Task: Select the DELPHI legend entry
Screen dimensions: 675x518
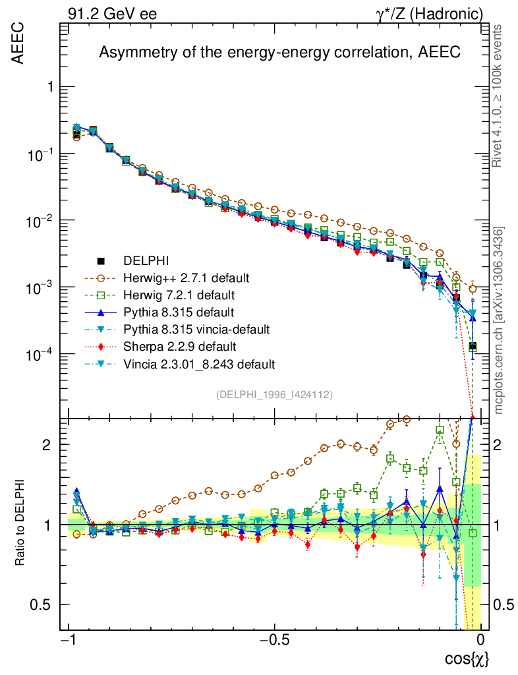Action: pos(151,262)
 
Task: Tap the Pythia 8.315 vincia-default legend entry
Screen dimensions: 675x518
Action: pos(201,329)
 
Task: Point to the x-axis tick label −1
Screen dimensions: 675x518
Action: pos(68,641)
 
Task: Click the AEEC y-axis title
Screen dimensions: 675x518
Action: pos(19,45)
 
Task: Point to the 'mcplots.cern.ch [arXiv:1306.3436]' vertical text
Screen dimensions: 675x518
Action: pos(499,320)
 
